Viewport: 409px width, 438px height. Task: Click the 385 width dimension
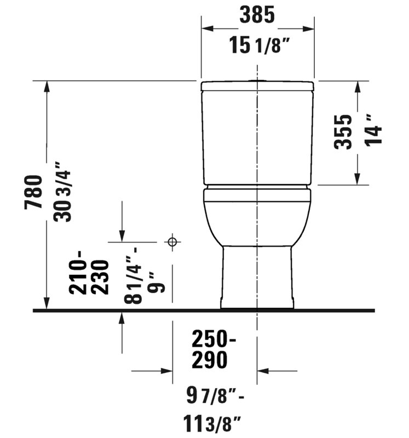[x=256, y=16]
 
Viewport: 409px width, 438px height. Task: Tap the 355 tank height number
[x=343, y=132]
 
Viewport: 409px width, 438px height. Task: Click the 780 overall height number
[x=33, y=192]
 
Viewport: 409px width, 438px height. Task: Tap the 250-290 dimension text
[x=214, y=349]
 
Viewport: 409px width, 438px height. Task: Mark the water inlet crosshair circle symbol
[x=172, y=241]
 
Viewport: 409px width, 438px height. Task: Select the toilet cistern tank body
[x=257, y=137]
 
